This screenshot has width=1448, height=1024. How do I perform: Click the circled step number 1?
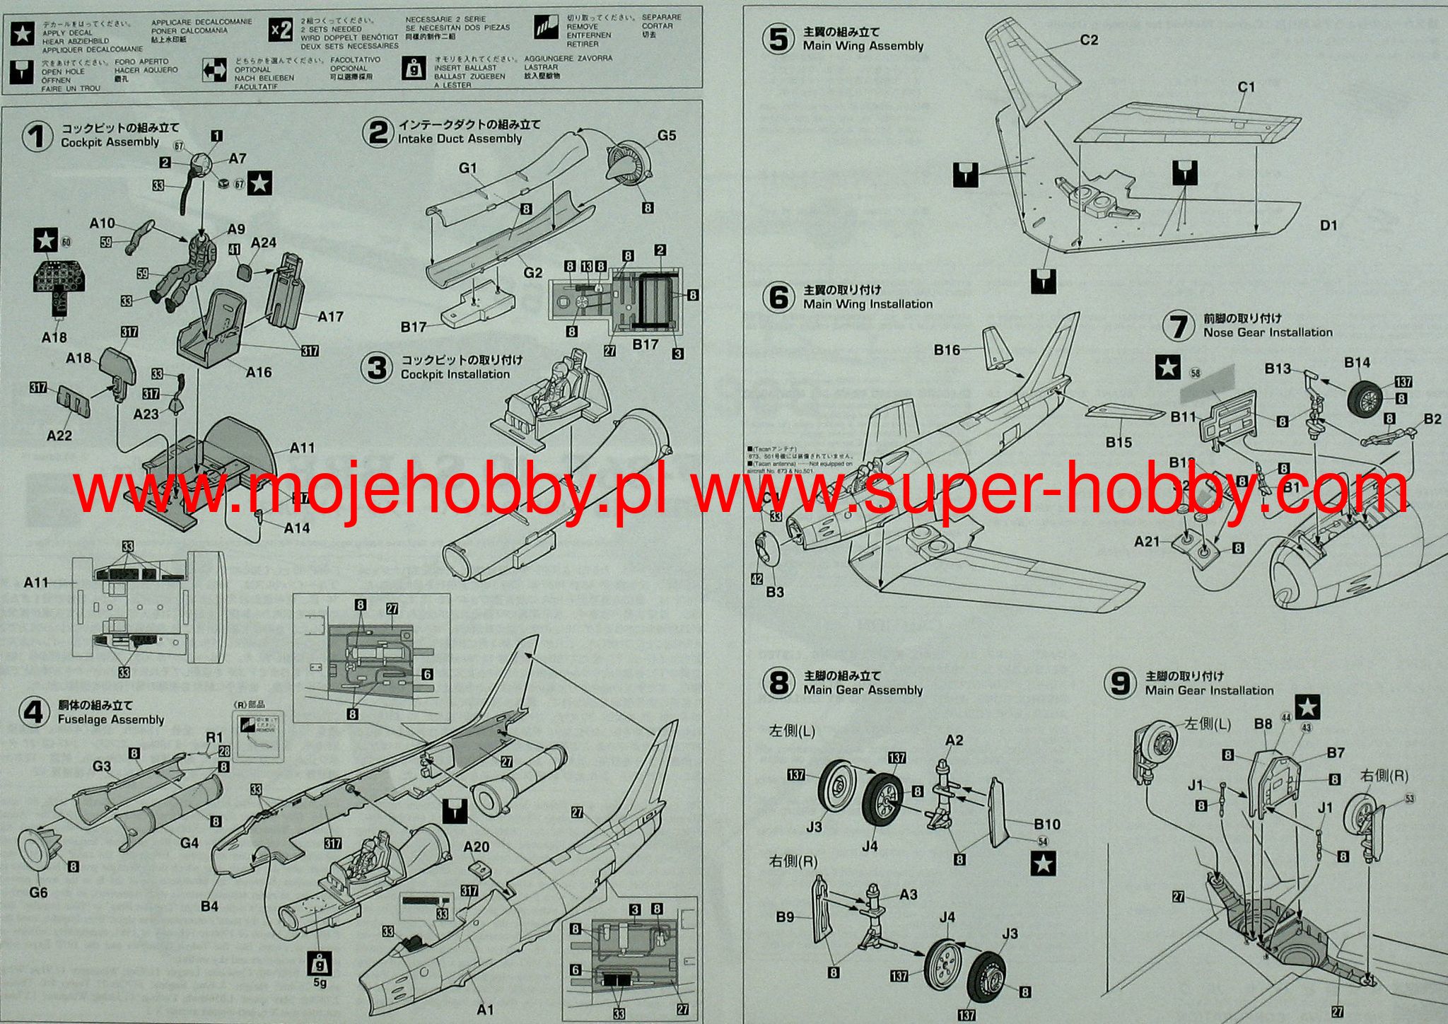click(37, 135)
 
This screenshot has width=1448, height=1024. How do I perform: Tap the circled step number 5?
click(778, 39)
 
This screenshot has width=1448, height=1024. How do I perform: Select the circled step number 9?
click(1121, 683)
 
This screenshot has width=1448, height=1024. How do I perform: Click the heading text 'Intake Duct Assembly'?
click(460, 139)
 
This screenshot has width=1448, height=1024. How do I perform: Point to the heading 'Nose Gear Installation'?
click(1268, 332)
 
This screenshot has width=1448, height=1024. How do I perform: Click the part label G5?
click(667, 135)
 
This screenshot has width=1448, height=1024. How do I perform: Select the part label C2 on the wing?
click(1089, 40)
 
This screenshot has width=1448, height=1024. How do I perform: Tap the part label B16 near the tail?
click(947, 350)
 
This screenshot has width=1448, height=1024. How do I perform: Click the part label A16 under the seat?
click(259, 372)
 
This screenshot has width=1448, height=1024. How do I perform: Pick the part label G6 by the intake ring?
click(38, 892)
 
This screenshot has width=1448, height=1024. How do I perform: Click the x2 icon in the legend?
click(281, 30)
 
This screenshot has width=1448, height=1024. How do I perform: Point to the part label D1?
click(1329, 226)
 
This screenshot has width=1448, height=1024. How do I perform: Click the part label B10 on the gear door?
click(1046, 824)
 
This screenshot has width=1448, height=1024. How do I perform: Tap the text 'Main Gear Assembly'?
click(863, 690)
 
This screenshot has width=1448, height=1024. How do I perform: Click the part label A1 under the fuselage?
click(485, 1009)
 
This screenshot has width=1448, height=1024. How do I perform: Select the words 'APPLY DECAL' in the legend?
click(67, 33)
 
